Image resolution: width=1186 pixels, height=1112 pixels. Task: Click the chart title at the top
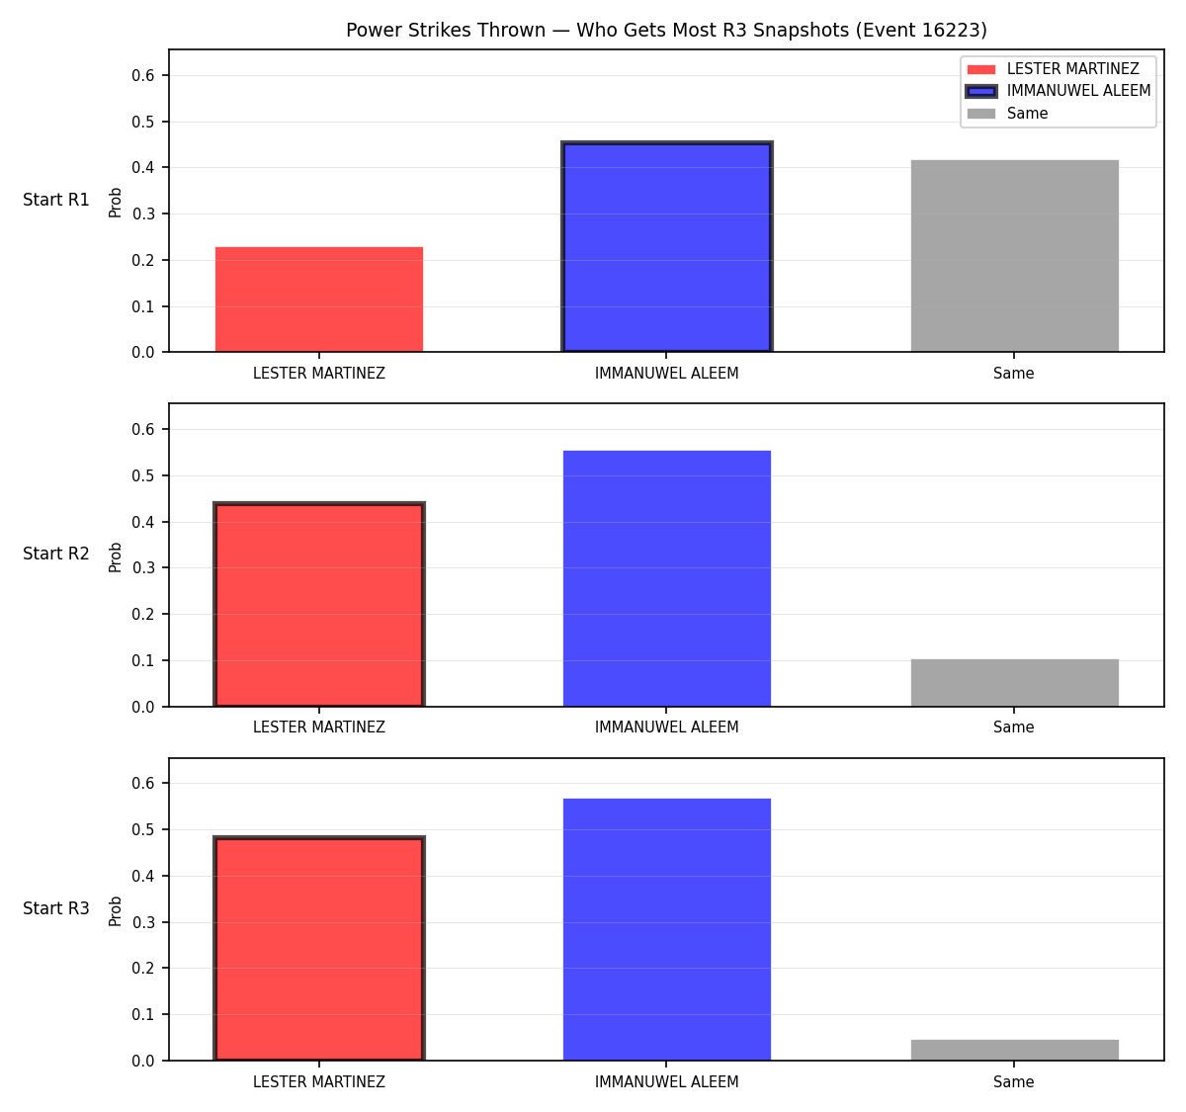tap(666, 30)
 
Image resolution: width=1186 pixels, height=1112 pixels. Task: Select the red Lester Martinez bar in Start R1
tap(319, 299)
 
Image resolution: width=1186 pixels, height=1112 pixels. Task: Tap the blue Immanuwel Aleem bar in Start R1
tap(666, 247)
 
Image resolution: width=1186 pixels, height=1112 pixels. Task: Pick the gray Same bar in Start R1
tap(1014, 256)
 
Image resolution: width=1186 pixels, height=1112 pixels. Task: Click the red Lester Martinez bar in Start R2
tap(319, 604)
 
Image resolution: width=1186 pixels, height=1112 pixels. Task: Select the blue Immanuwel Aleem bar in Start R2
tap(666, 578)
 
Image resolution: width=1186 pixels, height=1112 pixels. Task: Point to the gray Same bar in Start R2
tap(1014, 683)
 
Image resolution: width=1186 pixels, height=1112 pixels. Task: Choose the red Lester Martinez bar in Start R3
tap(319, 948)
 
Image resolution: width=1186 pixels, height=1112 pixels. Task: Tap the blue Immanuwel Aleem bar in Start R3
tap(666, 930)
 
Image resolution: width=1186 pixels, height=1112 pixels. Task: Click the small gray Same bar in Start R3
tap(1014, 1051)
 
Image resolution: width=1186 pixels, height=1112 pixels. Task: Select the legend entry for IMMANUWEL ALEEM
tap(1058, 91)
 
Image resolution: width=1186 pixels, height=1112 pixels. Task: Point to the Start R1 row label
tap(56, 200)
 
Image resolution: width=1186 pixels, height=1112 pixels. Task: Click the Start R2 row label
tap(56, 554)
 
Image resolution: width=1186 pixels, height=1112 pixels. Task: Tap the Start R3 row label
tap(56, 908)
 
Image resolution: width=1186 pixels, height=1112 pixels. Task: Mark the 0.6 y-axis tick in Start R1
tap(142, 75)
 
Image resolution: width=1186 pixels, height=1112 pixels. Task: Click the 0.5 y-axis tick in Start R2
tap(142, 475)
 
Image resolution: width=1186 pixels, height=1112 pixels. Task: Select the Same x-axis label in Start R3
tap(1013, 1081)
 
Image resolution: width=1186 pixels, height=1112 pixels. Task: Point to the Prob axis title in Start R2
tap(116, 556)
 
